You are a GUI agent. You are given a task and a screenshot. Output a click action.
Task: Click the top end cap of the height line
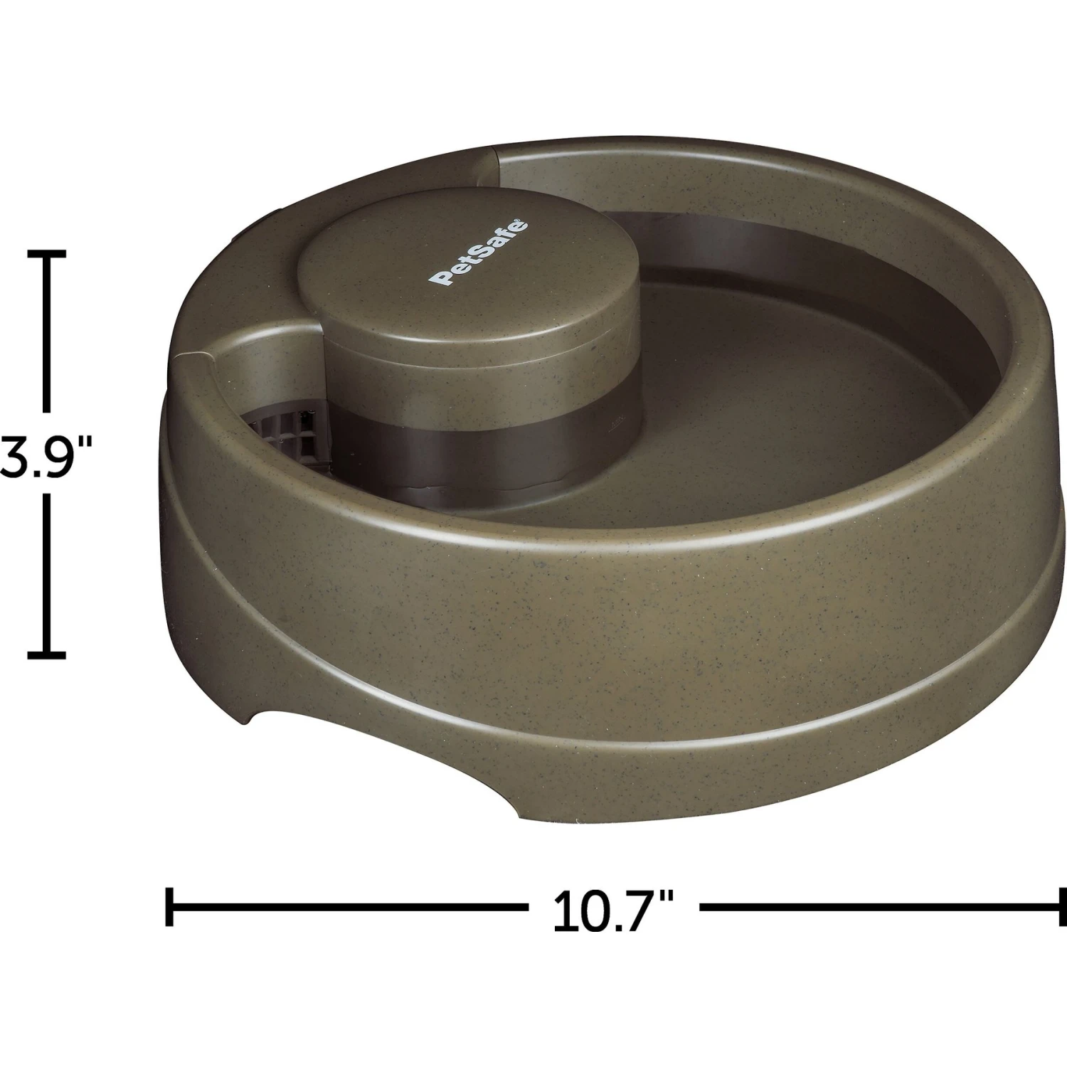(47, 253)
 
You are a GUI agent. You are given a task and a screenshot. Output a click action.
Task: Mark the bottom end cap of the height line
(47, 654)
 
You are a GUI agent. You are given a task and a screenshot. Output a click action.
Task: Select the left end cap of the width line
(169, 907)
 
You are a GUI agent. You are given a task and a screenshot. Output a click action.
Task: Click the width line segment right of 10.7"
(882, 907)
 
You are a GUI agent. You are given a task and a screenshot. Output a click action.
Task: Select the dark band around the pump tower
(484, 448)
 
